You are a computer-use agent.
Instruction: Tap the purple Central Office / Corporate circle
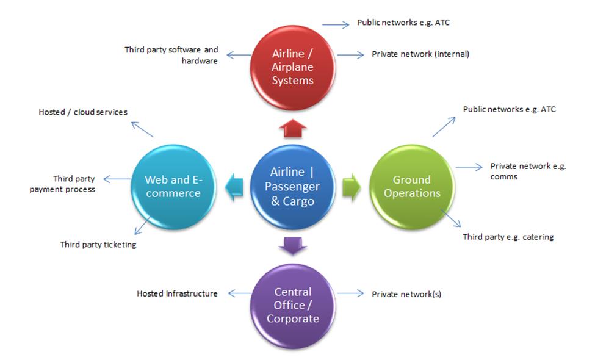click(293, 305)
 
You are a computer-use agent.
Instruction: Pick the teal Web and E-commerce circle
click(173, 187)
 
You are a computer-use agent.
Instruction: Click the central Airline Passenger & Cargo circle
click(293, 187)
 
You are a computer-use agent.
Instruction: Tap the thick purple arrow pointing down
click(293, 245)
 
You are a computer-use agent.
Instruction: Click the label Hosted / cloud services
click(83, 112)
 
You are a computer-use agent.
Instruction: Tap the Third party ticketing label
click(98, 245)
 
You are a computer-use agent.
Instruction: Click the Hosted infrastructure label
click(177, 293)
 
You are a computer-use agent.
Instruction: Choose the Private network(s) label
click(406, 294)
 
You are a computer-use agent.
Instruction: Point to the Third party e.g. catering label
click(508, 237)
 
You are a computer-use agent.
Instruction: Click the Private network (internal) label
click(420, 54)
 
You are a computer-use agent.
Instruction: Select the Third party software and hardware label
click(171, 55)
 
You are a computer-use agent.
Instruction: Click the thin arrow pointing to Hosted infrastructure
click(239, 293)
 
